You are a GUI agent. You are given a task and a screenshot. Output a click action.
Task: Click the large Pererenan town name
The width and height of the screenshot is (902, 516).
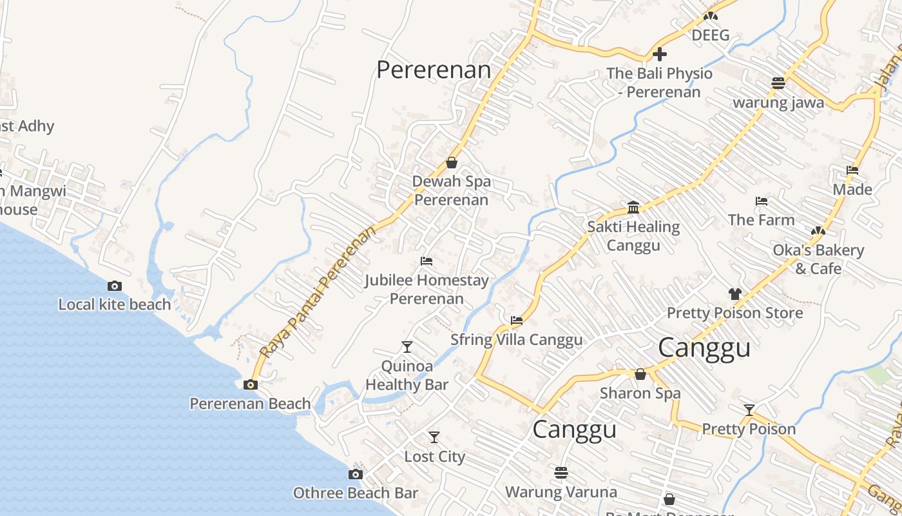433,70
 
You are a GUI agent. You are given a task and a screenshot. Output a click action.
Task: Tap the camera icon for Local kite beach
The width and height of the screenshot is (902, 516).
115,286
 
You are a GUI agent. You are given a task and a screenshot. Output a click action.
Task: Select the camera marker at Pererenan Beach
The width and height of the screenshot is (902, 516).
251,385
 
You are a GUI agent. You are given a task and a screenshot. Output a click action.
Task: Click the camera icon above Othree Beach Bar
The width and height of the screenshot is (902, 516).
355,474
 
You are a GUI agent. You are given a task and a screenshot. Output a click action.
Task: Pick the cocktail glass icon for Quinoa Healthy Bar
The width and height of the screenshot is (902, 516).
407,347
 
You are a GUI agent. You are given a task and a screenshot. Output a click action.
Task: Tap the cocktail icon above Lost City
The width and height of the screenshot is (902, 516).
434,437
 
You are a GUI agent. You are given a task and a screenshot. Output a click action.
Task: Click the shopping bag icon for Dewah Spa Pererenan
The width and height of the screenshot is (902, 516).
452,163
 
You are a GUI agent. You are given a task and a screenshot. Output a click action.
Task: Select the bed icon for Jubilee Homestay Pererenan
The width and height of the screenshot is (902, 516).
426,261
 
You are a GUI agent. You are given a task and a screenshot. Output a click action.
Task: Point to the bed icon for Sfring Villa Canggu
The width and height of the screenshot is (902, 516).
516,320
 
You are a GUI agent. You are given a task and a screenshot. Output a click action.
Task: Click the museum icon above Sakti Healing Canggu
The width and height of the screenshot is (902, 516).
633,207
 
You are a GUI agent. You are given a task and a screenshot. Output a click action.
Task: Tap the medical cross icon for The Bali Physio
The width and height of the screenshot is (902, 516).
660,54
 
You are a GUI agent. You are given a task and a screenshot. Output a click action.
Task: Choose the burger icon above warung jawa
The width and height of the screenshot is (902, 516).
778,83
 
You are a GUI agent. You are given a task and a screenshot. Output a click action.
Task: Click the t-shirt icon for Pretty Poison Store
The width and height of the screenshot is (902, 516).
734,293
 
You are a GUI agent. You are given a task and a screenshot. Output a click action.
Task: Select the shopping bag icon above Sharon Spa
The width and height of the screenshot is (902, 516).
640,374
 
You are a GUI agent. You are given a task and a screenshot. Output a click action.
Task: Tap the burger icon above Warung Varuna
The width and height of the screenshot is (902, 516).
561,473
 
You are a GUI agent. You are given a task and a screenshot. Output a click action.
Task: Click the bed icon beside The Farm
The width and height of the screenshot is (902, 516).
762,201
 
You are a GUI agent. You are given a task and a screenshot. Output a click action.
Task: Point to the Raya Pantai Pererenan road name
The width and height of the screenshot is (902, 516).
318,292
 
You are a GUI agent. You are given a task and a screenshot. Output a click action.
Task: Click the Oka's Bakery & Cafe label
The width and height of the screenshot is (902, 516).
818,259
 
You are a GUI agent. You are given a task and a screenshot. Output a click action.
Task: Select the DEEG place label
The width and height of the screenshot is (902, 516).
711,35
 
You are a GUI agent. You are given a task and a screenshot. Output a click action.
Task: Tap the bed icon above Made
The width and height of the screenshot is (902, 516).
852,170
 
